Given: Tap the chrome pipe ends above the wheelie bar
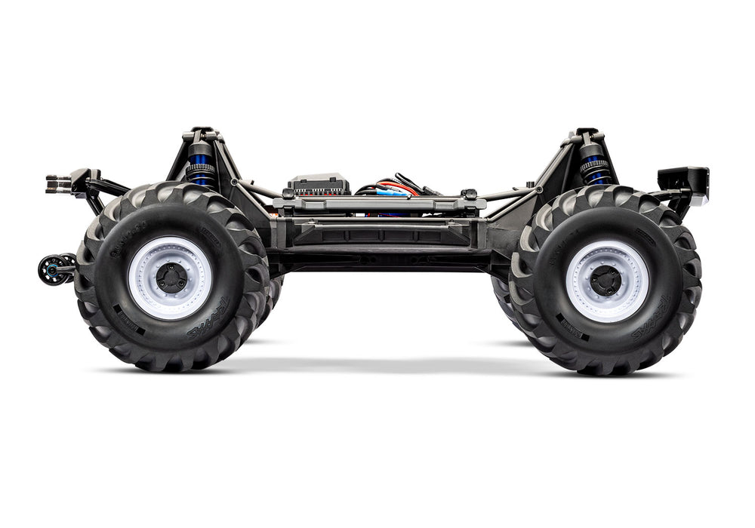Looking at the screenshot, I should pos(57,183).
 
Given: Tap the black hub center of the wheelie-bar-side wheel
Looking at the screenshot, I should pos(171,278).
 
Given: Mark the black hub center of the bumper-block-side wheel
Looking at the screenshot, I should pos(606,281).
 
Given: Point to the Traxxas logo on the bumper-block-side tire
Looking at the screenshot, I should pos(650,321).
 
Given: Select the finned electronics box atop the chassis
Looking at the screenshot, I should pos(319,185).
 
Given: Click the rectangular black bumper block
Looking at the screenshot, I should pos(683,180).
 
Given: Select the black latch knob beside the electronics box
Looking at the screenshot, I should pos(470,195).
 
